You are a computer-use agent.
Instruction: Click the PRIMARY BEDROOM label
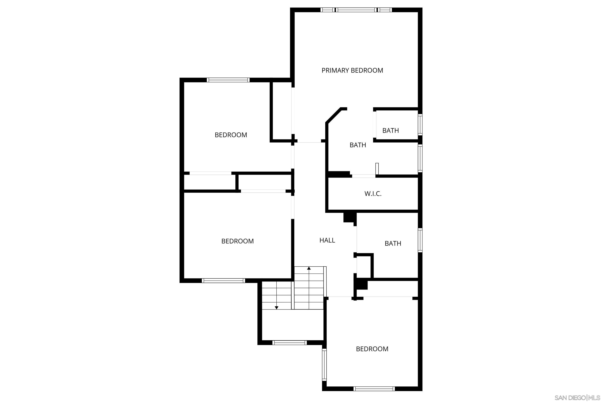click(x=352, y=70)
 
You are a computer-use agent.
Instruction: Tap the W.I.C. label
click(x=373, y=194)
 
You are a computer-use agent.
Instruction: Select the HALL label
click(x=327, y=240)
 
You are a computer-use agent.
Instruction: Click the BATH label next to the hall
click(x=392, y=243)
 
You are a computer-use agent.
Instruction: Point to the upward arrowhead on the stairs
click(x=309, y=268)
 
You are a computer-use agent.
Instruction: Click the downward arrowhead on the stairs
click(x=276, y=308)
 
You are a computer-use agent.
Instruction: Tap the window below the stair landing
click(x=289, y=343)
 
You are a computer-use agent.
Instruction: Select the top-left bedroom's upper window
click(x=228, y=80)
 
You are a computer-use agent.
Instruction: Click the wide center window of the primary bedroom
click(x=356, y=10)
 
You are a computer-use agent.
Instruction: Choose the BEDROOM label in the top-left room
click(x=231, y=135)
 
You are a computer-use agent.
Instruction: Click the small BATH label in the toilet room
click(x=390, y=131)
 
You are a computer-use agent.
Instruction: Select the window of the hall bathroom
click(x=420, y=240)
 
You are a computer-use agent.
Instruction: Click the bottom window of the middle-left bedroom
click(x=223, y=281)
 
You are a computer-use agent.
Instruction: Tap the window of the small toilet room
click(x=420, y=125)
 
